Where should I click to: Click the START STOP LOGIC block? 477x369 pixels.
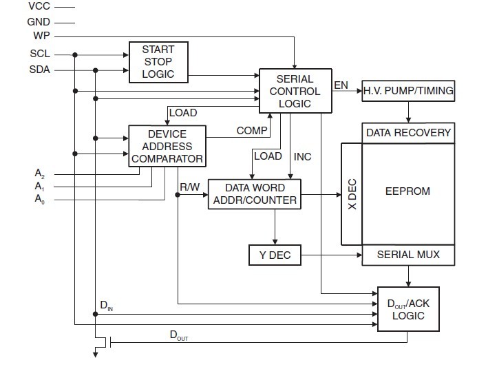158,61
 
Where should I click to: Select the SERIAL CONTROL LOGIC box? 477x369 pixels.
294,91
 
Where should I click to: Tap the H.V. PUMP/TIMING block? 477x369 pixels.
409,90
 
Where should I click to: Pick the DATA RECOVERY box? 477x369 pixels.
409,133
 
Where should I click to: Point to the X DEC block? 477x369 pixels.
351,193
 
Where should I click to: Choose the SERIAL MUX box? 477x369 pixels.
409,255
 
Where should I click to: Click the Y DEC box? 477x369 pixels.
275,255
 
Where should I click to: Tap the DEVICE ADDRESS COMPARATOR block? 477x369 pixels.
167,146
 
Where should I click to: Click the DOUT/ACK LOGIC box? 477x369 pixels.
409,308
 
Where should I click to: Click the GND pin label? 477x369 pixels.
39,21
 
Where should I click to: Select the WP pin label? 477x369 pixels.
41,36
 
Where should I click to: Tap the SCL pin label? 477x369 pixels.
40,54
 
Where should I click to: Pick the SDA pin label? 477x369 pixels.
40,70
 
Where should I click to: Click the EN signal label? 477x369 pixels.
341,85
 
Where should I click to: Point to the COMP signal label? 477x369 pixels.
252,130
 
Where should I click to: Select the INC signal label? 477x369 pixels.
303,157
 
